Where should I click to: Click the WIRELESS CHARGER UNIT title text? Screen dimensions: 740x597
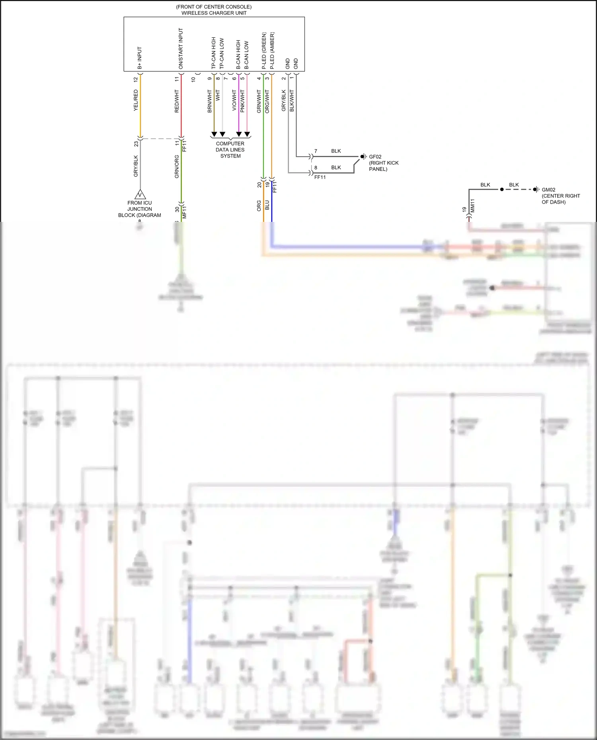tap(214, 13)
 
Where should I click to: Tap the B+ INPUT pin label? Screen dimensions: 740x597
tap(140, 58)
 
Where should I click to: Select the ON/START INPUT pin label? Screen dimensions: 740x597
tap(181, 48)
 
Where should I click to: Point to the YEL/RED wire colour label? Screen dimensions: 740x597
tap(136, 100)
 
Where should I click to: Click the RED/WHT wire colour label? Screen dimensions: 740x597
tap(177, 101)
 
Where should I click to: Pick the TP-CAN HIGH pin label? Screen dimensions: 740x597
tap(214, 53)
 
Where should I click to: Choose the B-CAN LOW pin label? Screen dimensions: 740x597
tap(247, 55)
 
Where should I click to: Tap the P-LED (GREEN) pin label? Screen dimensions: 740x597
tap(264, 50)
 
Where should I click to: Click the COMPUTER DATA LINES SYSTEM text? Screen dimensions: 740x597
tap(230, 150)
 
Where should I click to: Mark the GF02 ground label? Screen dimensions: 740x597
tap(375, 157)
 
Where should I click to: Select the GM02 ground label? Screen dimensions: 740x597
tap(548, 190)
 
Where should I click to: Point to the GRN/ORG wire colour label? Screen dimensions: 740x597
tap(177, 166)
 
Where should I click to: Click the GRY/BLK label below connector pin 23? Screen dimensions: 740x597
tap(136, 166)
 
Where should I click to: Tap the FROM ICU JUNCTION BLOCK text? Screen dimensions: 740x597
tap(140, 209)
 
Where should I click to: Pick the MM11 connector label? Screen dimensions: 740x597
tap(473, 206)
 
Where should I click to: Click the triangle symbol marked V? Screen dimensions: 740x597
tap(140, 194)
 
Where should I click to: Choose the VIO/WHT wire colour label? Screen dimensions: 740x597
tap(234, 100)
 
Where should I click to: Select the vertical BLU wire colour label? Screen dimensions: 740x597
tap(267, 205)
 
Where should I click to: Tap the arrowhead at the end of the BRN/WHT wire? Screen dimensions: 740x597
tap(214, 134)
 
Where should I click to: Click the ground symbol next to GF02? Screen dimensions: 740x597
tap(363, 157)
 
